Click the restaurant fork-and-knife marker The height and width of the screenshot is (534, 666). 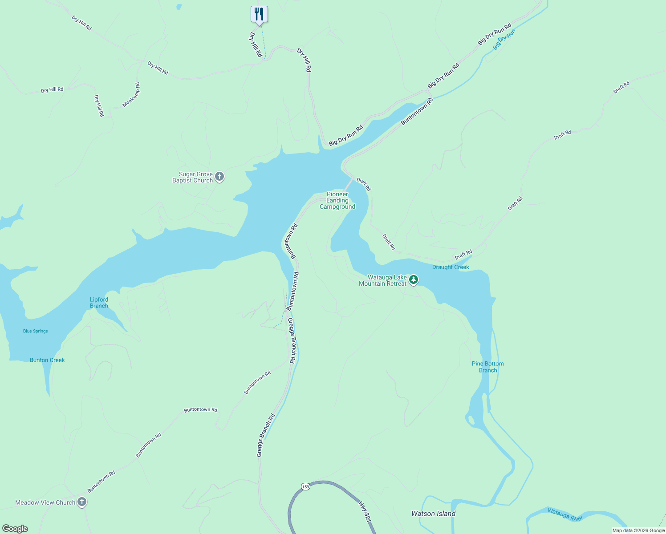259,14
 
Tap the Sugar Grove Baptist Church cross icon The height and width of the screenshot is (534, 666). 219,177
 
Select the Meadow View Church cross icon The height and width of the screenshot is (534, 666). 82,502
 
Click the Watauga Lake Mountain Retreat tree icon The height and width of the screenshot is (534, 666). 414,280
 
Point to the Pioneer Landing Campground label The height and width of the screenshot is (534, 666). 337,200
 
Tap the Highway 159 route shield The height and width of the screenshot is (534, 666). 305,486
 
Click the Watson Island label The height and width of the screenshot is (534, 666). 433,514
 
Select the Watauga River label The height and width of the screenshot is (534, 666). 565,514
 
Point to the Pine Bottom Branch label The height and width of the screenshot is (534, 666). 488,367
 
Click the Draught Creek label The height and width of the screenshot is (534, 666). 451,267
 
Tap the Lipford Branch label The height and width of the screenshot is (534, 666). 99,303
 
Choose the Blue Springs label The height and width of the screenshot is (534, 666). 36,331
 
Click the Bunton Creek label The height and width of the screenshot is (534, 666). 47,360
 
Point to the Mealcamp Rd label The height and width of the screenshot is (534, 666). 131,95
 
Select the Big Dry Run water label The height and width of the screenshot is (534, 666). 504,40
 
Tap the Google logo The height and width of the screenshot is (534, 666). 15,529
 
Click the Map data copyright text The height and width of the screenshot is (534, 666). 638,530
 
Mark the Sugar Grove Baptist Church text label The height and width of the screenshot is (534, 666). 193,177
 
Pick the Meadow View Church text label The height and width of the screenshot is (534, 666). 45,502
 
